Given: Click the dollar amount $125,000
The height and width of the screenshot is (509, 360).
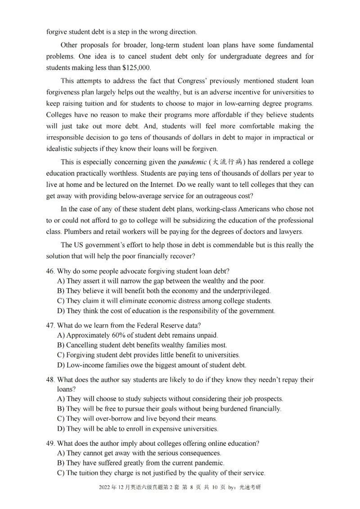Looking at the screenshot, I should pyautogui.click(x=136, y=68).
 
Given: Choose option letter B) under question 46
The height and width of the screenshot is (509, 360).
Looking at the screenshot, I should pyautogui.click(x=61, y=291).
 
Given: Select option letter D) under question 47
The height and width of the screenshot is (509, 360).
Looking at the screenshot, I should pyautogui.click(x=61, y=365).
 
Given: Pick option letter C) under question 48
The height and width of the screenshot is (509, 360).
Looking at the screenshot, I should pyautogui.click(x=61, y=419).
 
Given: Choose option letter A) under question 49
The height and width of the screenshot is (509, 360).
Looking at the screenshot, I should pyautogui.click(x=61, y=453).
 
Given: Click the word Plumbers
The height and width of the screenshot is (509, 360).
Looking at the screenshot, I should pyautogui.click(x=74, y=232).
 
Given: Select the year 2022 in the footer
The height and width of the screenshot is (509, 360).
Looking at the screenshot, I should pyautogui.click(x=97, y=487).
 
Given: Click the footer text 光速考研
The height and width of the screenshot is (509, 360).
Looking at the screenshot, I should pyautogui.click(x=250, y=487).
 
